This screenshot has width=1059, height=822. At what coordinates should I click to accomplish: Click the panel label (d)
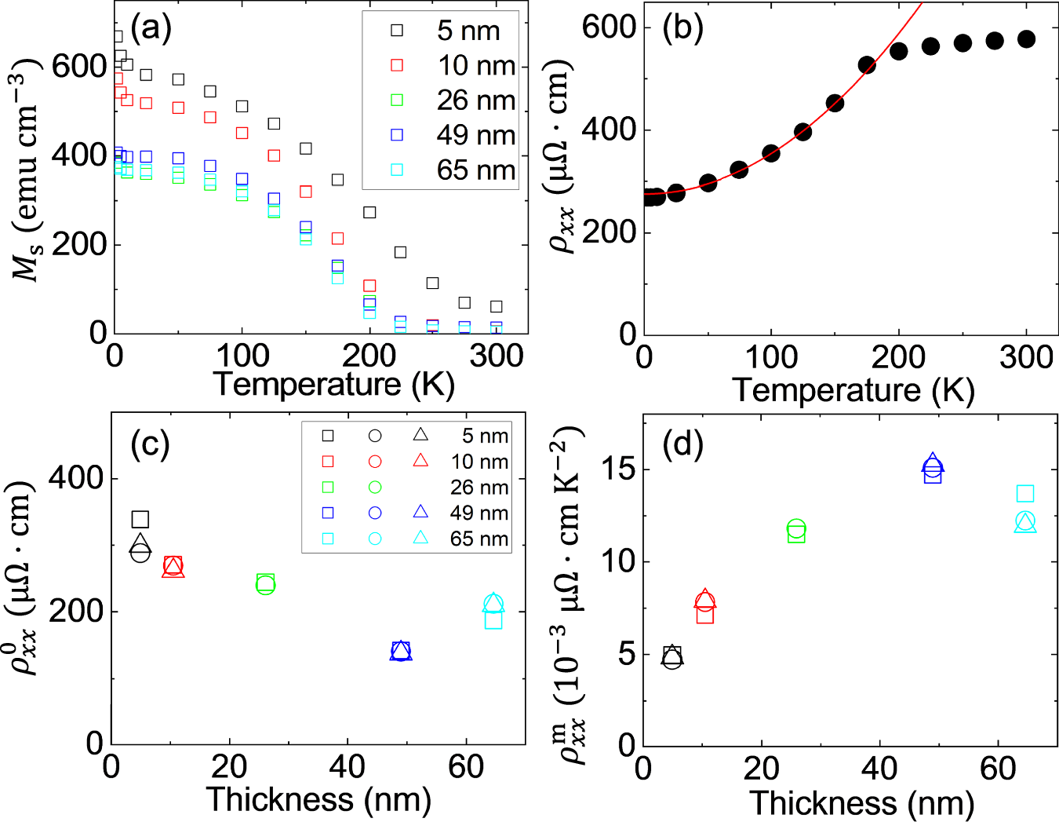(x=682, y=444)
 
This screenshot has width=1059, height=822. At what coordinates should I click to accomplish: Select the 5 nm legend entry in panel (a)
(x=468, y=31)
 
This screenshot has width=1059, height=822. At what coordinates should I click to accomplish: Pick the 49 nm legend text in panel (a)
(x=475, y=135)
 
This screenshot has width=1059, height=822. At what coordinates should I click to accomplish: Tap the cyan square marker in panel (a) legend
(x=397, y=170)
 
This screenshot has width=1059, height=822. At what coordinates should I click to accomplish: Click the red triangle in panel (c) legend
(x=420, y=460)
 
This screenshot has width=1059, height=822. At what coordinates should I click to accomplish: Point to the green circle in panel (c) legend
(x=375, y=487)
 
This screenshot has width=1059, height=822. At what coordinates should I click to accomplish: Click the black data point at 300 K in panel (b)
(x=1026, y=39)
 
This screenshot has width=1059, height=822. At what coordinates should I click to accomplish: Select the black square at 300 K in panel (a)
(x=496, y=306)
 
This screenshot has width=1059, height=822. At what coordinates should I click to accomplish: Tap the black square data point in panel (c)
(x=140, y=519)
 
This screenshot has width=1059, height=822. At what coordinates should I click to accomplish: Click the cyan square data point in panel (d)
(x=1025, y=494)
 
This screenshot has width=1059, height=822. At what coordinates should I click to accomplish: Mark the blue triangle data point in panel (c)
(x=401, y=649)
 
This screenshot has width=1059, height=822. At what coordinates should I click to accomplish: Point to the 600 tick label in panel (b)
(x=609, y=27)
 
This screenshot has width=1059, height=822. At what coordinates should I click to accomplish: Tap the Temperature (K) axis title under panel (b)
(x=853, y=390)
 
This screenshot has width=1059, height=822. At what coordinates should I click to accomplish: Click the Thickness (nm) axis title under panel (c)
(x=318, y=800)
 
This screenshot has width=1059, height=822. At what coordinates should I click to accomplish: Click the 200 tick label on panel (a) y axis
(x=78, y=244)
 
